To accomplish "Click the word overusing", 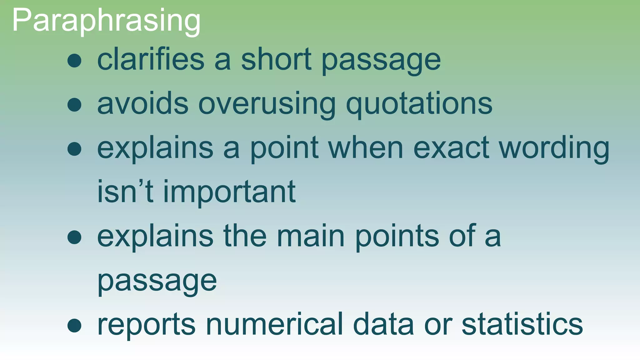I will pos(267,104).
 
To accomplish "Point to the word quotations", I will pos(419,104).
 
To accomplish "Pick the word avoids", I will pos(143,104).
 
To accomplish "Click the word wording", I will pos(554,148).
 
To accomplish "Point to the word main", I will pos(311,236).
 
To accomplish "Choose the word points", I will pos(397,236).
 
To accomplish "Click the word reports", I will pos(147,324).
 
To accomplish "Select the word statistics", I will pos(522,324).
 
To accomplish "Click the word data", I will pos(383,324).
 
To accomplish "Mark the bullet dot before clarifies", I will pos(74,61).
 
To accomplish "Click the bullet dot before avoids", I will pos(74,105).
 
